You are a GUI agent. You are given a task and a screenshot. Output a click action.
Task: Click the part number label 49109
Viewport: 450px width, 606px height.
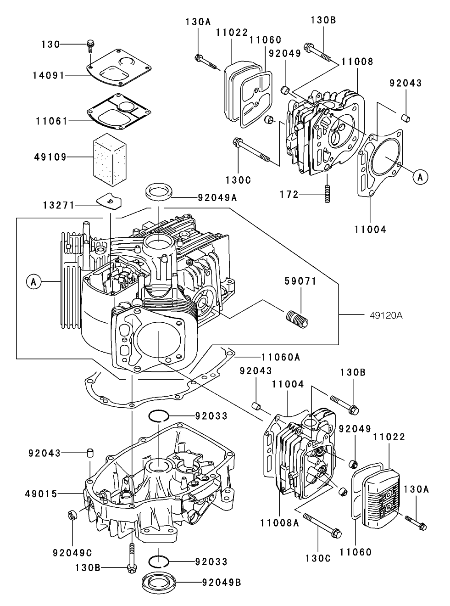(x=50, y=157)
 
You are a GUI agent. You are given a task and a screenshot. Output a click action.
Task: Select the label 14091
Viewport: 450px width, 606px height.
(x=50, y=75)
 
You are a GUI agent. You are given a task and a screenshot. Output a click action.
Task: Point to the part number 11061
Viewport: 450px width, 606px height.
(x=50, y=121)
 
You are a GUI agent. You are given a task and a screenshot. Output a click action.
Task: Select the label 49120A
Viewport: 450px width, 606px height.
(x=386, y=315)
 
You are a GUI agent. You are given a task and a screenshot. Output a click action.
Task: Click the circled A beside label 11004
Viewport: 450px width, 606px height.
(x=420, y=176)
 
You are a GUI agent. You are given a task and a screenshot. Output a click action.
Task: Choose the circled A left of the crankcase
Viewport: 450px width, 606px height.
(x=33, y=281)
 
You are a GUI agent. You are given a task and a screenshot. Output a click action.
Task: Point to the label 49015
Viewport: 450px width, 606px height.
(x=41, y=494)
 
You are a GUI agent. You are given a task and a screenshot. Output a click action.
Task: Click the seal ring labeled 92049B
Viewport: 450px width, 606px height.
(x=159, y=582)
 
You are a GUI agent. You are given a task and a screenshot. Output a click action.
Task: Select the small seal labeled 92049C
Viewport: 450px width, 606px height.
(x=72, y=515)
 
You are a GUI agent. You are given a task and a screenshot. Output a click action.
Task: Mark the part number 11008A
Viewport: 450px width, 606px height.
(x=279, y=523)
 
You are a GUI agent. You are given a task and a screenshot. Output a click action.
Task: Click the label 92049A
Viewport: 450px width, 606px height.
(x=217, y=198)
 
